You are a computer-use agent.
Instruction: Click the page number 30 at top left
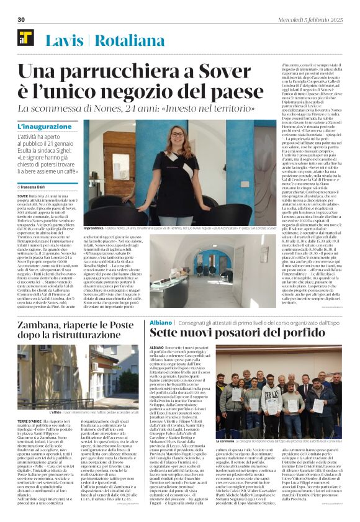tap(20, 20)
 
